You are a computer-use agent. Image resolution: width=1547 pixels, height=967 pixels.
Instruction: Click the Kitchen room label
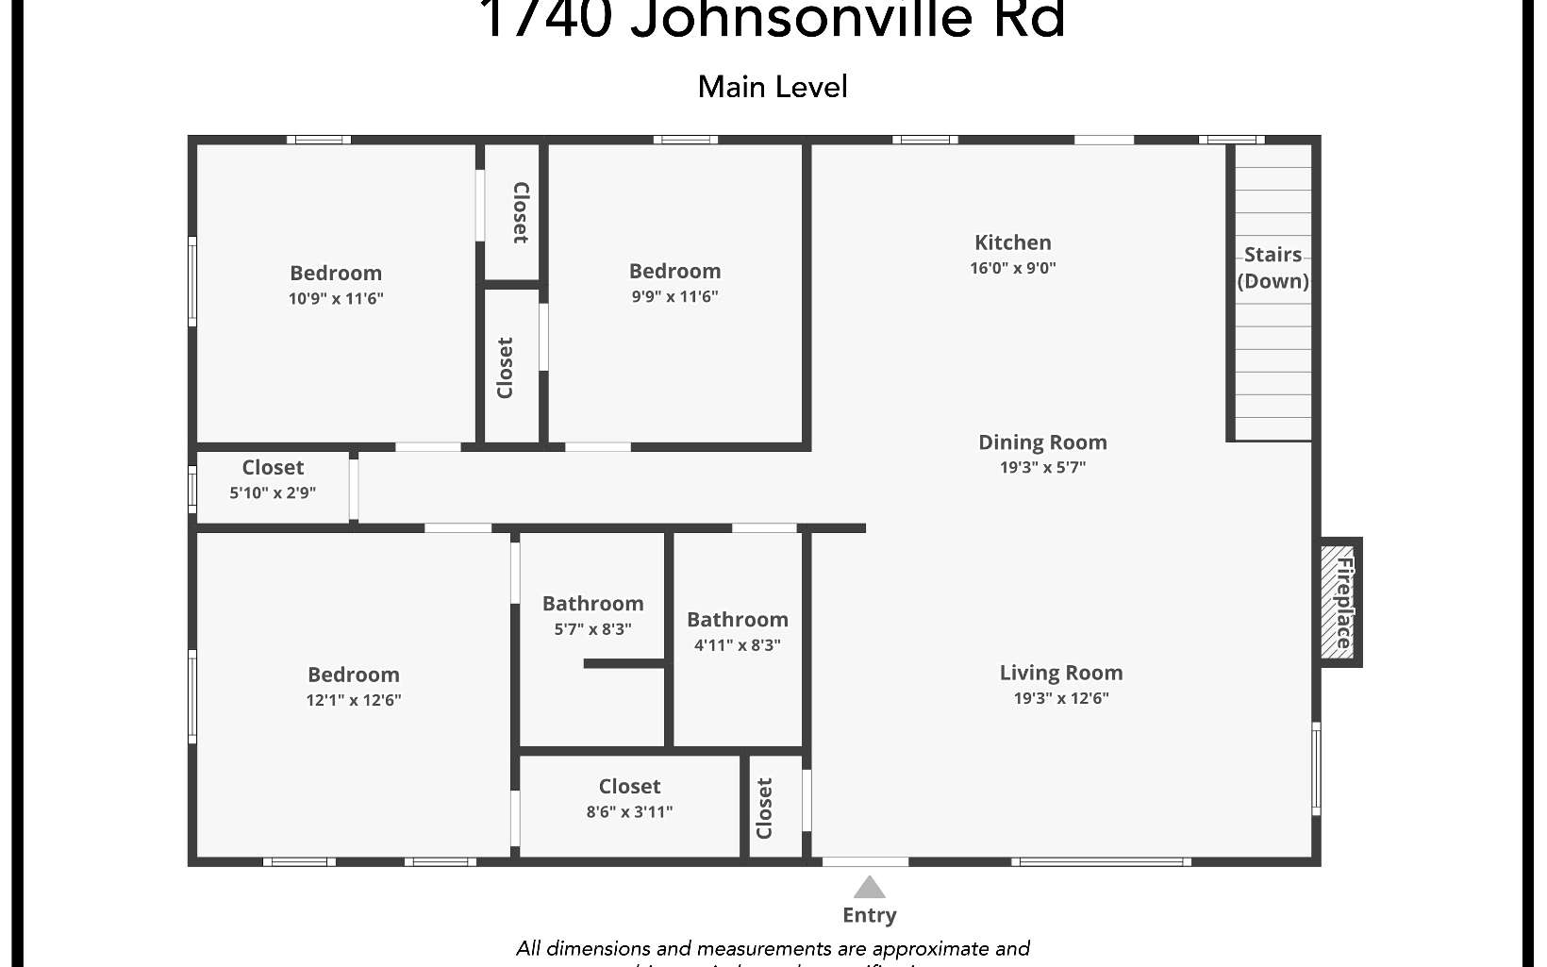[x=1012, y=242]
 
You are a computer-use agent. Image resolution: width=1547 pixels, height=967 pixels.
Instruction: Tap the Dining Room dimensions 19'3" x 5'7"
[x=1042, y=467]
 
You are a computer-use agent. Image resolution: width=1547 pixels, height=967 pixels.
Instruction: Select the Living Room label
[x=1060, y=673]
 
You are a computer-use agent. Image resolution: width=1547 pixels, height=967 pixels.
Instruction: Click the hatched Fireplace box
[x=1339, y=602]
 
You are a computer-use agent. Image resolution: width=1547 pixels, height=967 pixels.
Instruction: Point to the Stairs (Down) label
[x=1273, y=268]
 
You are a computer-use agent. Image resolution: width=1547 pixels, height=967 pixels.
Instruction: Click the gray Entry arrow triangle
[x=869, y=888]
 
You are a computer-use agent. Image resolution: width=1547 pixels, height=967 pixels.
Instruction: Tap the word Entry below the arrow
[x=869, y=915]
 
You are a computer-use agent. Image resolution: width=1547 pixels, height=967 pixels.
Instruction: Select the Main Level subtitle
[x=773, y=87]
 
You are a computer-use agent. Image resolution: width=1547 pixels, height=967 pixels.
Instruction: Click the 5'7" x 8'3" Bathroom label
[x=592, y=604]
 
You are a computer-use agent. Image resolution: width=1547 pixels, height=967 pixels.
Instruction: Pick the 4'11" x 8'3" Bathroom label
[x=737, y=620]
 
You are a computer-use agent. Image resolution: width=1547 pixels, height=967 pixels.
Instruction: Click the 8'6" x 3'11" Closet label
[x=629, y=787]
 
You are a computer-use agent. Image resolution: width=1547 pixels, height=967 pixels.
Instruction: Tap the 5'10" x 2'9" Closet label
[x=273, y=468]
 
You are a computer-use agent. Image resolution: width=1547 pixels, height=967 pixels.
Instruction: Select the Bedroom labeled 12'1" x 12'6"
[x=354, y=675]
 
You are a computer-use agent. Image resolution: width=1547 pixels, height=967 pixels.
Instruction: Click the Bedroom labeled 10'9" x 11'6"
[x=336, y=274]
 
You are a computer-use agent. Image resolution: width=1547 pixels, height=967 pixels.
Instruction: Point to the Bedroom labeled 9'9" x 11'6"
[x=674, y=272]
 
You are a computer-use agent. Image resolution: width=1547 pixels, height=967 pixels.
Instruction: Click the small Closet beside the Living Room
[x=764, y=808]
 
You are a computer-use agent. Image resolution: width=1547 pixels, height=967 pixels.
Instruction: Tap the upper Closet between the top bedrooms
[x=520, y=213]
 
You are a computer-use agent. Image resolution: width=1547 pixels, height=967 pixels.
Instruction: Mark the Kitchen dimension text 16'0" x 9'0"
[x=1012, y=268]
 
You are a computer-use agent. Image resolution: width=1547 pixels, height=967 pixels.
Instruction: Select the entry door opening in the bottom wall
[x=865, y=861]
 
